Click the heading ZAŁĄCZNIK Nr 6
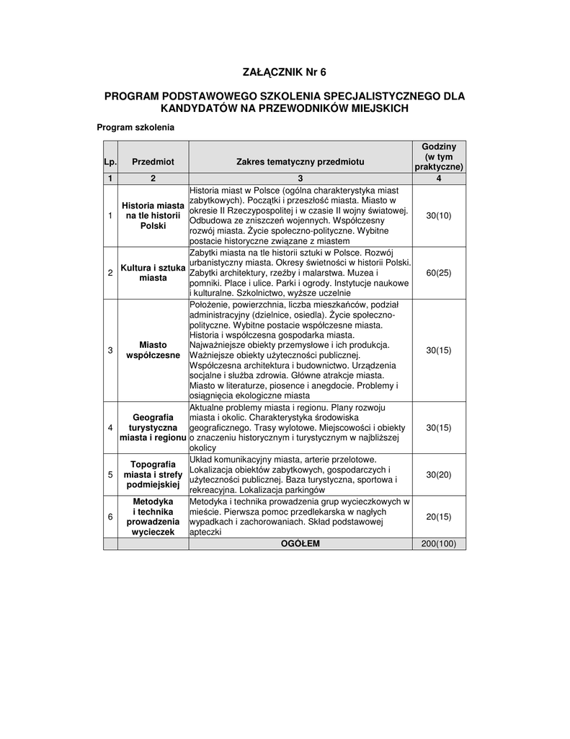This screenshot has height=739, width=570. (x=285, y=71)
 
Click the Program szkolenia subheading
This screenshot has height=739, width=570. (x=135, y=127)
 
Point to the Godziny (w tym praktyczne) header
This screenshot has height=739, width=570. (x=439, y=157)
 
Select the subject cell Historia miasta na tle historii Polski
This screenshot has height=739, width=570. (x=153, y=216)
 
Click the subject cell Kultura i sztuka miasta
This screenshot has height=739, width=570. (x=153, y=273)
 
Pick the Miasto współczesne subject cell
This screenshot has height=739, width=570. (x=153, y=350)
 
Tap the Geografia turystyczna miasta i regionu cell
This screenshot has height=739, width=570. (x=153, y=427)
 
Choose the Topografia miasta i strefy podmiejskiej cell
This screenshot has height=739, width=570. (x=153, y=474)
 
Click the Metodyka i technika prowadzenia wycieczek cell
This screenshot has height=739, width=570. (x=153, y=516)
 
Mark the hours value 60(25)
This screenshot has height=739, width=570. (x=439, y=273)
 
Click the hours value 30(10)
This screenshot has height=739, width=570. (x=439, y=216)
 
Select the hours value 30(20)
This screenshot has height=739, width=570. (x=439, y=474)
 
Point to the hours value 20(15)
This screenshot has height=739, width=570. (x=439, y=516)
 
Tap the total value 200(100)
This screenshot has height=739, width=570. (x=439, y=543)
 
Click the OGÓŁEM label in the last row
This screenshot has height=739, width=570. (x=300, y=543)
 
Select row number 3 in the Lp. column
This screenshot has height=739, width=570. (x=110, y=350)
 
